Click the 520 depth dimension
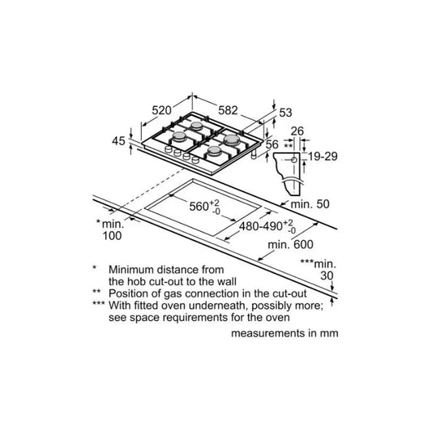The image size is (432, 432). click(x=161, y=110)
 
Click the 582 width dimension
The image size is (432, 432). click(x=228, y=110)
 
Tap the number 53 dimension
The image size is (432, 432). click(x=285, y=113)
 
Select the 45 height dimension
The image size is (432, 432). click(x=118, y=141)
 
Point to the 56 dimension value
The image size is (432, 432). click(x=272, y=144)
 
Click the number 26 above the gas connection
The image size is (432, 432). click(x=297, y=131)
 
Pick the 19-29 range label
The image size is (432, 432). click(x=323, y=156)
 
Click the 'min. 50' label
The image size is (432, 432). click(x=310, y=204)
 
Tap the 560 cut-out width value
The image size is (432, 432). click(x=199, y=207)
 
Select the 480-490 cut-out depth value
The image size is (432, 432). click(x=261, y=226)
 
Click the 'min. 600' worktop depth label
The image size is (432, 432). click(x=290, y=245)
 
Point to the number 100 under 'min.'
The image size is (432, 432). click(x=112, y=236)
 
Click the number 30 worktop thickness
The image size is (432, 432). click(x=327, y=276)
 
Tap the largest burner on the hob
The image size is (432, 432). click(x=231, y=140)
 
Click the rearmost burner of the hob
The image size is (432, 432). click(x=197, y=126)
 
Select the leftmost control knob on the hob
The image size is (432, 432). click(x=168, y=150)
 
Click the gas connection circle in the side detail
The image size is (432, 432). click(x=294, y=160)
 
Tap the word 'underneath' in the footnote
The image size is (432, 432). click(x=214, y=306)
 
